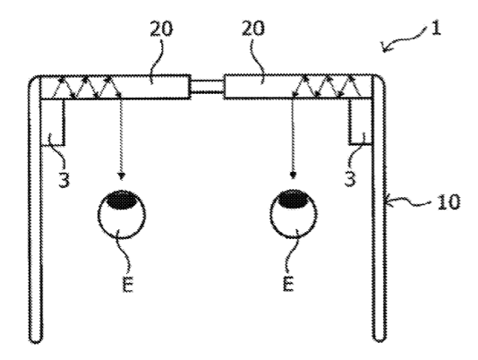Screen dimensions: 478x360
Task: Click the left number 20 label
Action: tap(161, 29)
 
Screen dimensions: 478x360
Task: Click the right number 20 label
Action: tap(253, 29)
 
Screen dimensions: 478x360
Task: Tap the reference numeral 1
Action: tap(436, 29)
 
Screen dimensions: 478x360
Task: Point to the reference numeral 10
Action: tap(448, 201)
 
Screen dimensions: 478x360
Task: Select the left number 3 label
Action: tap(64, 179)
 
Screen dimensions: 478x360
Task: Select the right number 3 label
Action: tap(350, 178)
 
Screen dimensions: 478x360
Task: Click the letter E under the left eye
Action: tap(128, 284)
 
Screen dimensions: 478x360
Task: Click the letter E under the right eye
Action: tap(288, 283)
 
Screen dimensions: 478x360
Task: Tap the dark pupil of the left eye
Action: tap(121, 200)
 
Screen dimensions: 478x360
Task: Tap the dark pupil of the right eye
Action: tap(294, 200)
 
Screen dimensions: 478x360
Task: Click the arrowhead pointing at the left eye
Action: tap(122, 176)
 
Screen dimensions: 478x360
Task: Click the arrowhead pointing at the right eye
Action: tap(293, 176)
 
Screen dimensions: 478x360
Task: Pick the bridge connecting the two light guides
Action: tap(208, 86)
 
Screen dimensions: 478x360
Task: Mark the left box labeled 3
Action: tap(53, 122)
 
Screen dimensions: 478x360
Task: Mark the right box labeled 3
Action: tap(361, 122)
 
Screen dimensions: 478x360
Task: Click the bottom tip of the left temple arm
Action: tap(36, 342)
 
